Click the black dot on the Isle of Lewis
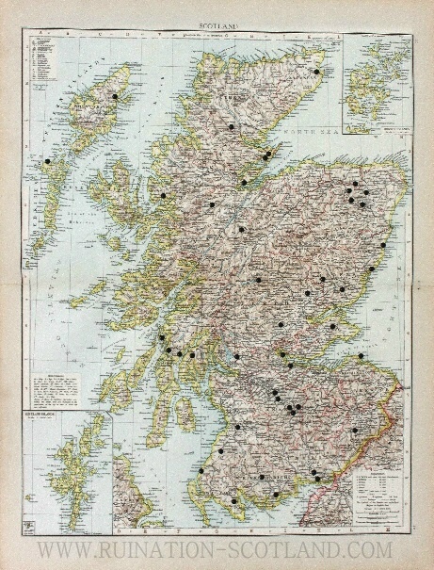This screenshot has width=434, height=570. point(115,96)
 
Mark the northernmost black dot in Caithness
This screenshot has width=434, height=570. point(316,72)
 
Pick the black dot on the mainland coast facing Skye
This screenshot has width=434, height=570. point(163,195)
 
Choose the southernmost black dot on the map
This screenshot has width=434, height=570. point(234,500)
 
